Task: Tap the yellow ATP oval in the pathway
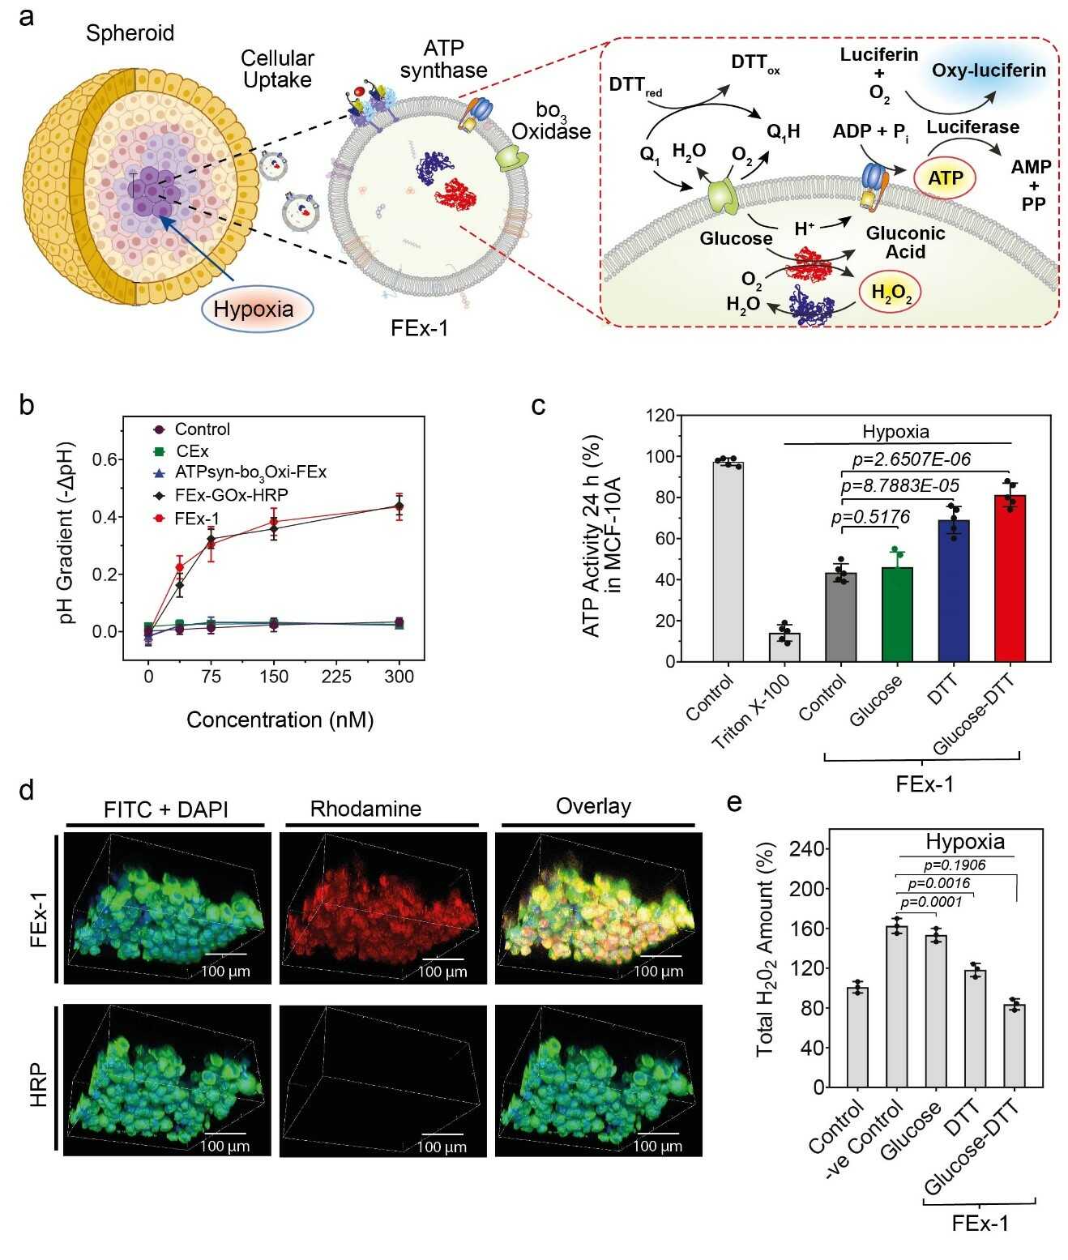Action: pyautogui.click(x=945, y=177)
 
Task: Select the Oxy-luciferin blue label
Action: pyautogui.click(x=989, y=70)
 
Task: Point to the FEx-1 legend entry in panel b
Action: pyautogui.click(x=198, y=517)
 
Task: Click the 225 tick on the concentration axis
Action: pyautogui.click(x=337, y=677)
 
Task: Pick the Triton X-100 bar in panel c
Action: pyautogui.click(x=784, y=647)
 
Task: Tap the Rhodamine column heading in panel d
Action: pyautogui.click(x=365, y=809)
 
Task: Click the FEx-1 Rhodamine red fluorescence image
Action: pyautogui.click(x=382, y=908)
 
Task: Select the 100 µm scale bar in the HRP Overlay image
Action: pyautogui.click(x=657, y=1135)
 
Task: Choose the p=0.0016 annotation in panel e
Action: pyautogui.click(x=939, y=883)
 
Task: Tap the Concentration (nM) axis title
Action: pyautogui.click(x=280, y=720)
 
